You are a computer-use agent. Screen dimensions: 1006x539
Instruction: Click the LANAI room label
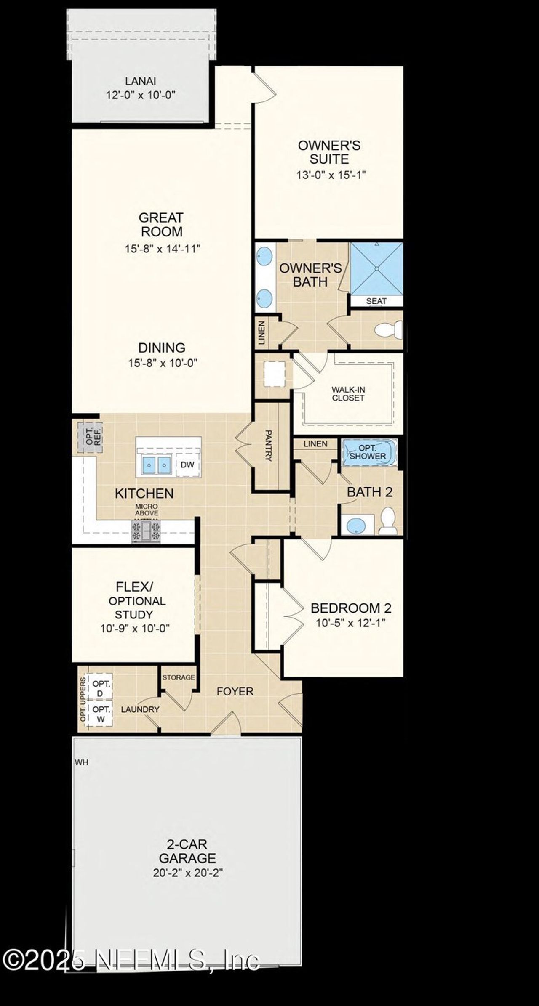(x=140, y=81)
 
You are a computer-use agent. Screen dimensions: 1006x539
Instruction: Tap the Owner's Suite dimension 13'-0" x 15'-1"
(x=331, y=175)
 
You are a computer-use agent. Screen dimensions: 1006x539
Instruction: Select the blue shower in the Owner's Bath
(x=376, y=268)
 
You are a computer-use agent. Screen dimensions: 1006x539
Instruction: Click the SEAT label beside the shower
(x=376, y=301)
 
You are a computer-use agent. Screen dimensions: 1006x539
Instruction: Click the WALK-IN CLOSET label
(x=348, y=394)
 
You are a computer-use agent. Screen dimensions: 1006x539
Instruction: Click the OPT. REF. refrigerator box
(x=89, y=436)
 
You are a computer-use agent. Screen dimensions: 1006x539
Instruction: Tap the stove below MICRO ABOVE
(x=146, y=532)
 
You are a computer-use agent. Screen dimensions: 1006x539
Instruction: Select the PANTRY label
(x=268, y=446)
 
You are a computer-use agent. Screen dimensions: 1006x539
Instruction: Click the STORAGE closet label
(x=179, y=677)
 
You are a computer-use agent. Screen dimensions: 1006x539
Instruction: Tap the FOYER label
(x=235, y=691)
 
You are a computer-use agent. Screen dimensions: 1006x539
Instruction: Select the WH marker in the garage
(x=82, y=762)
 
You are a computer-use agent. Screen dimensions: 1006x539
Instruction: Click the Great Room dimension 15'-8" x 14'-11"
(x=162, y=249)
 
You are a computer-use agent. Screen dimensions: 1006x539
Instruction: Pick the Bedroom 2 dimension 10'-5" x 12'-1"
(x=351, y=623)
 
